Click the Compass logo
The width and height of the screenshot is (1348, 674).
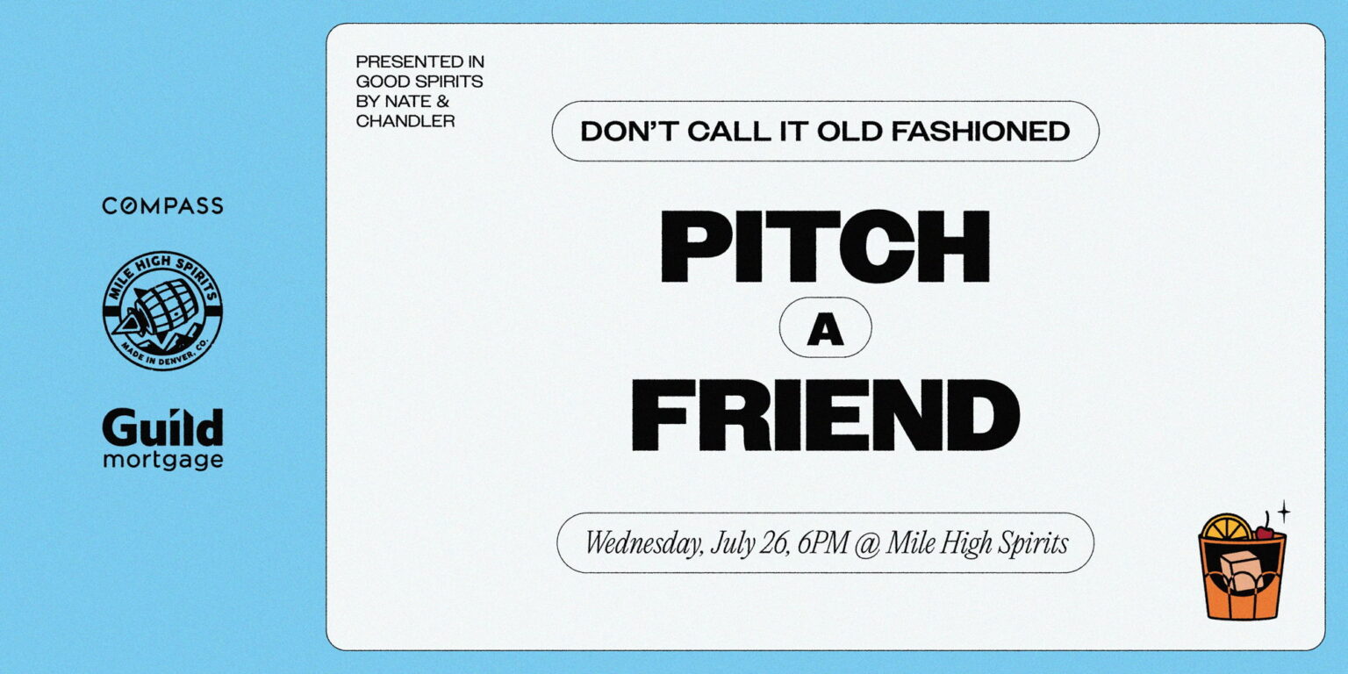click(162, 206)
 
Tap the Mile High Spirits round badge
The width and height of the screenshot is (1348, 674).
click(162, 311)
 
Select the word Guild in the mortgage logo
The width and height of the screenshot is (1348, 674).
click(162, 427)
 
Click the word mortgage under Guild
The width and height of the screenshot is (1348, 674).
click(163, 461)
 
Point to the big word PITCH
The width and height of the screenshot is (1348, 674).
click(825, 246)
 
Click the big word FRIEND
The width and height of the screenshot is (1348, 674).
click(825, 415)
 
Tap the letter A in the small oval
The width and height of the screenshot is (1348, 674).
click(825, 330)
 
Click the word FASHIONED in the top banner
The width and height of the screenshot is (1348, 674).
click(980, 131)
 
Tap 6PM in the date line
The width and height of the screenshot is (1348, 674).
click(822, 543)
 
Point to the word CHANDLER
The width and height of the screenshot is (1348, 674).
click(405, 121)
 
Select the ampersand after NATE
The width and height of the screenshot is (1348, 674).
click(443, 101)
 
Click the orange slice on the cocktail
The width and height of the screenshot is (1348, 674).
click(1226, 527)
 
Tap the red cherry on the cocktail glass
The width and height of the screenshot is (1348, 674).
click(1265, 532)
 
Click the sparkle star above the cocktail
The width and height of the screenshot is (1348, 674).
click(1284, 513)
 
